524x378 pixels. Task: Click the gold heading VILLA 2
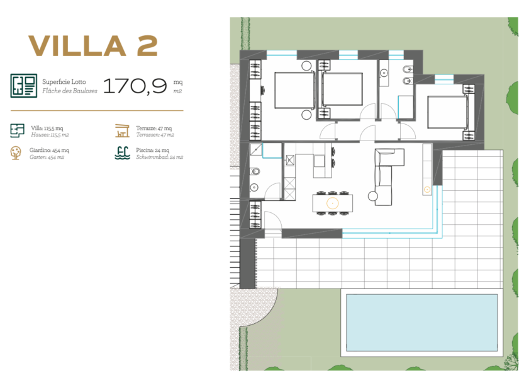pyautogui.click(x=93, y=46)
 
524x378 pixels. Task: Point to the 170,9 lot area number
pyautogui.click(x=135, y=86)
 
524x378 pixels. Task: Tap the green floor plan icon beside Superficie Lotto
pyautogui.click(x=24, y=86)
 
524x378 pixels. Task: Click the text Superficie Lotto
pyautogui.click(x=64, y=82)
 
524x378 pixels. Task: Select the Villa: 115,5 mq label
pyautogui.click(x=47, y=129)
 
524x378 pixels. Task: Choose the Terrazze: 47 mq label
pyautogui.click(x=153, y=129)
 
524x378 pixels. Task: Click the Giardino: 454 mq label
pyautogui.click(x=49, y=151)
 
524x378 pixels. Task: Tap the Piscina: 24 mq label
pyautogui.click(x=153, y=151)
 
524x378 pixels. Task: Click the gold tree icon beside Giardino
pyautogui.click(x=16, y=153)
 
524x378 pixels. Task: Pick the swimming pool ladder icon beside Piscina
pyautogui.click(x=122, y=153)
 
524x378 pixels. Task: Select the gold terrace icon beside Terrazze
pyautogui.click(x=122, y=130)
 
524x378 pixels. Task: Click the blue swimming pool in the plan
pyautogui.click(x=421, y=323)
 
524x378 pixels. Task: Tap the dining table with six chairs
pyautogui.click(x=333, y=203)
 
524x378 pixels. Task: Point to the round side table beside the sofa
pyautogui.click(x=372, y=196)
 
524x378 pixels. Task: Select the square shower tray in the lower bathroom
pyautogui.click(x=256, y=149)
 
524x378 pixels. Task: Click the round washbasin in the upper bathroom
pyautogui.click(x=384, y=72)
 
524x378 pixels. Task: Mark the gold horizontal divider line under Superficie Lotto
pyautogui.click(x=97, y=110)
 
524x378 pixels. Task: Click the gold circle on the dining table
pyautogui.click(x=333, y=203)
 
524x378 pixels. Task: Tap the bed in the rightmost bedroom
pyautogui.click(x=448, y=112)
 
